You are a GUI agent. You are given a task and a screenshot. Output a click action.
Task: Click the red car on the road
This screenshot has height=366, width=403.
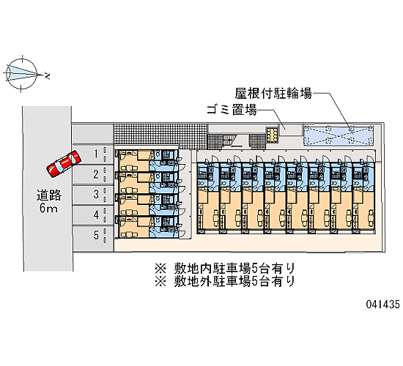pyautogui.click(x=64, y=164)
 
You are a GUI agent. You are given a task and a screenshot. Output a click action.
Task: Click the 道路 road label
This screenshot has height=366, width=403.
pyautogui.click(x=49, y=195)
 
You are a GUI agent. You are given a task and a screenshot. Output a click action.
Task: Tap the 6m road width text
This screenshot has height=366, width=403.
pyautogui.click(x=48, y=208)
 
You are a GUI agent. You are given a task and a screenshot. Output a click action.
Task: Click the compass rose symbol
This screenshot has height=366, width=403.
pyautogui.click(x=21, y=74)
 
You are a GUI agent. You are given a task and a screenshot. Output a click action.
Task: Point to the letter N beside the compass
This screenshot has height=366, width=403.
pyautogui.click(x=47, y=76)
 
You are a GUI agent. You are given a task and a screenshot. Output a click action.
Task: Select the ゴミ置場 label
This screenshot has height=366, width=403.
pyautogui.click(x=232, y=110)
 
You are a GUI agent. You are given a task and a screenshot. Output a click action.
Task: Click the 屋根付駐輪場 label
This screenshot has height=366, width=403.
pyautogui.click(x=273, y=93)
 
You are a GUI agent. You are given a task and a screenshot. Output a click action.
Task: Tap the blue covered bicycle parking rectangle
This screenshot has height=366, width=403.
pyautogui.click(x=339, y=135)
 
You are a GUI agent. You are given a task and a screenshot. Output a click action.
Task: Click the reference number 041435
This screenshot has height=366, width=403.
pyautogui.click(x=383, y=305)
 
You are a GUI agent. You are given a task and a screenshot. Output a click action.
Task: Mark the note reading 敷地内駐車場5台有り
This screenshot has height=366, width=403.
pyautogui.click(x=234, y=269)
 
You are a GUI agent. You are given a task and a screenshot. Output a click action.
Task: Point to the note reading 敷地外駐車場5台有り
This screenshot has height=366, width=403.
pyautogui.click(x=234, y=282)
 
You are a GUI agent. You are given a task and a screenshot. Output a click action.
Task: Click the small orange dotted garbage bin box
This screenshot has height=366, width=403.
pyautogui.click(x=272, y=135)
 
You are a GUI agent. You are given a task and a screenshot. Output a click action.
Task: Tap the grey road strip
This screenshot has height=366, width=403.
pyautogui.click(x=48, y=189)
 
